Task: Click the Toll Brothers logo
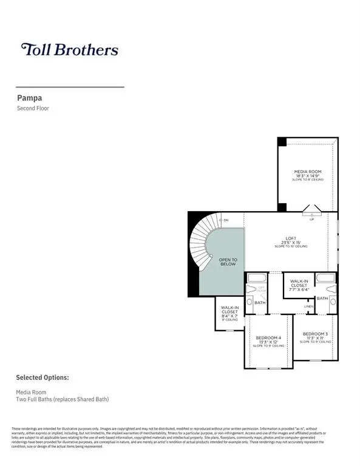click(69, 50)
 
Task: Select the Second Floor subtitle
click(34, 109)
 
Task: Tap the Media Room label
click(307, 175)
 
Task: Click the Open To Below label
click(228, 262)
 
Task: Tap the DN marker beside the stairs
click(226, 220)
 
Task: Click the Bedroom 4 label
click(268, 340)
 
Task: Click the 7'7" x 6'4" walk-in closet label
click(299, 286)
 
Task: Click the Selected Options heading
click(42, 377)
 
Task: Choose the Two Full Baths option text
click(63, 399)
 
